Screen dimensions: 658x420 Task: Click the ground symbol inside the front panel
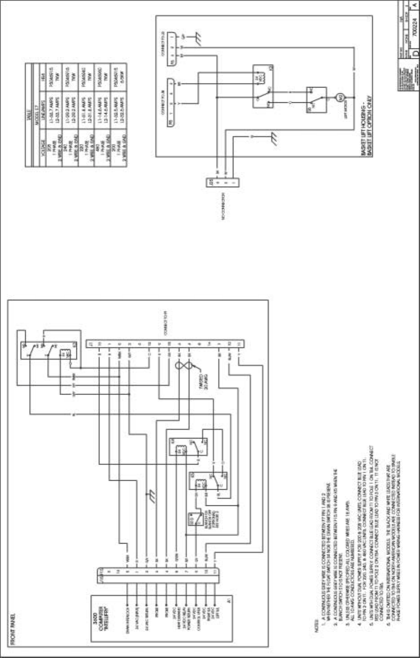152,496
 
